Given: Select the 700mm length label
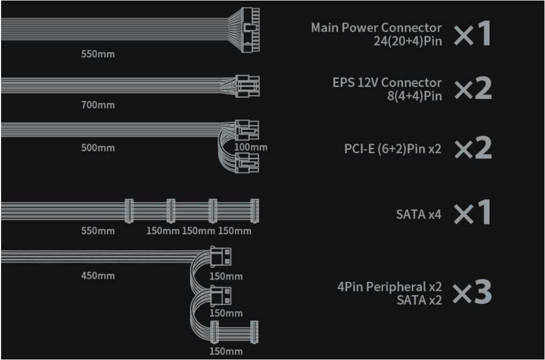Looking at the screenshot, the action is pyautogui.click(x=98, y=104).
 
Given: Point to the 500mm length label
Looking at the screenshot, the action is pyautogui.click(x=98, y=148).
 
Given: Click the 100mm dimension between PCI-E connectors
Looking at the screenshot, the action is pyautogui.click(x=251, y=147).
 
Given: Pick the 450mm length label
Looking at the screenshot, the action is pyautogui.click(x=98, y=275).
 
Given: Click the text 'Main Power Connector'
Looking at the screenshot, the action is pyautogui.click(x=376, y=27).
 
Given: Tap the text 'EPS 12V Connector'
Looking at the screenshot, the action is pyautogui.click(x=387, y=82).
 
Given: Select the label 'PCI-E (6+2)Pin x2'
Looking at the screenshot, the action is pyautogui.click(x=393, y=149).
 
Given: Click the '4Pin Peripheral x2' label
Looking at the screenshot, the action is pyautogui.click(x=390, y=287).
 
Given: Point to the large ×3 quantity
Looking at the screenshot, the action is pyautogui.click(x=472, y=292).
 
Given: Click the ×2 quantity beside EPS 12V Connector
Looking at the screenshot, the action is pyautogui.click(x=473, y=88).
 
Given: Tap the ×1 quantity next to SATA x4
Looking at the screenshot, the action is pyautogui.click(x=472, y=212).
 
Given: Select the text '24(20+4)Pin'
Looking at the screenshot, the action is pyautogui.click(x=408, y=41).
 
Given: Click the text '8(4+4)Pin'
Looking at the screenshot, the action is pyautogui.click(x=415, y=96).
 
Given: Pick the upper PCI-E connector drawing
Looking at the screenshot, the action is pyautogui.click(x=247, y=130).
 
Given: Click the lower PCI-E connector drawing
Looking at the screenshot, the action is pyautogui.click(x=247, y=163).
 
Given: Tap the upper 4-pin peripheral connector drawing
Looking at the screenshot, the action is pyautogui.click(x=221, y=257).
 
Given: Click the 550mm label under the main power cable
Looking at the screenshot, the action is pyautogui.click(x=98, y=54).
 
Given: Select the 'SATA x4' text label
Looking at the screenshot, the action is pyautogui.click(x=419, y=214).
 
